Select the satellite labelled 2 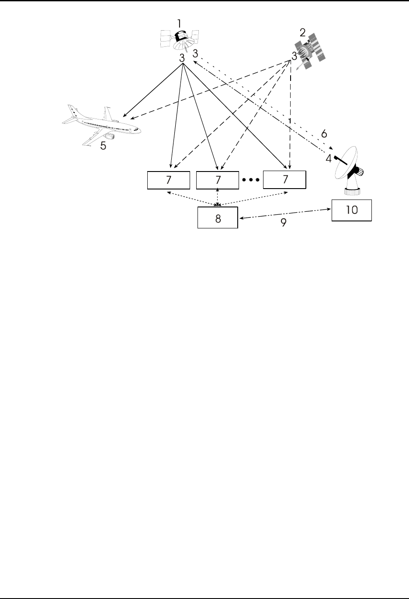click(310, 52)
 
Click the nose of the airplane click(141, 130)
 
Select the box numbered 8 click(218, 218)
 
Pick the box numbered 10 click(351, 210)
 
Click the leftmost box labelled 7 click(169, 180)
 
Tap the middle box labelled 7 click(218, 180)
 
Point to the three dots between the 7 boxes click(251, 180)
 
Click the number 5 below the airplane click(103, 146)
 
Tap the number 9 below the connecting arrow click(283, 223)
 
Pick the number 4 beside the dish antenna click(328, 158)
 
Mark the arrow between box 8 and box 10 click(284, 214)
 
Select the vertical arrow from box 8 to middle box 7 click(218, 197)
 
